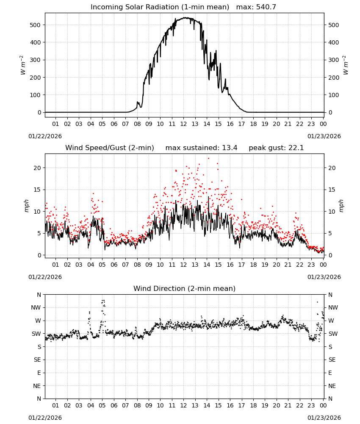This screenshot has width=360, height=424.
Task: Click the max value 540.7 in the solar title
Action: coord(266,7)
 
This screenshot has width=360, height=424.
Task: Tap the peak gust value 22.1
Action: coord(295,148)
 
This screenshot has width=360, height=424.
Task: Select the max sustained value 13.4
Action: coord(230,148)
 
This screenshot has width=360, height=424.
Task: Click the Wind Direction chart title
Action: coord(185,288)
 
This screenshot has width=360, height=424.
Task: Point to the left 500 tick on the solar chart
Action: coord(35,25)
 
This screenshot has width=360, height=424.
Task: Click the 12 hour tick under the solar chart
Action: coord(183,124)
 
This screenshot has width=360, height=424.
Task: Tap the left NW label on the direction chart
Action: coord(36,308)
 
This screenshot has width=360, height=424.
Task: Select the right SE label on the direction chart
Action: coord(332,360)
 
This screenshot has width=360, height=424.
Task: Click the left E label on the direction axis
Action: coord(39,373)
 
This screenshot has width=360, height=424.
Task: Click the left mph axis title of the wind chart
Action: coord(26,206)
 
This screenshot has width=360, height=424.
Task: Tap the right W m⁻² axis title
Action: coord(346,65)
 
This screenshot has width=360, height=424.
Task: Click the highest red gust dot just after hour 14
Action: coord(208,159)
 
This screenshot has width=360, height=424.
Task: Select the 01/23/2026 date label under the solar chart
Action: coord(324,136)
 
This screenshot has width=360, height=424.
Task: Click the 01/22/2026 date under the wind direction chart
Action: coord(45,418)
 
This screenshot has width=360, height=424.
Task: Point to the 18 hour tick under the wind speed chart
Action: coord(253,265)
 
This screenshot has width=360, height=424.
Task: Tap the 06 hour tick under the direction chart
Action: coord(114,405)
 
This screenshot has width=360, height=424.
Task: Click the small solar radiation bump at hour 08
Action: coord(138,103)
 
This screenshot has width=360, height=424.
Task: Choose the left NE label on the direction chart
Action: coord(37,386)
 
